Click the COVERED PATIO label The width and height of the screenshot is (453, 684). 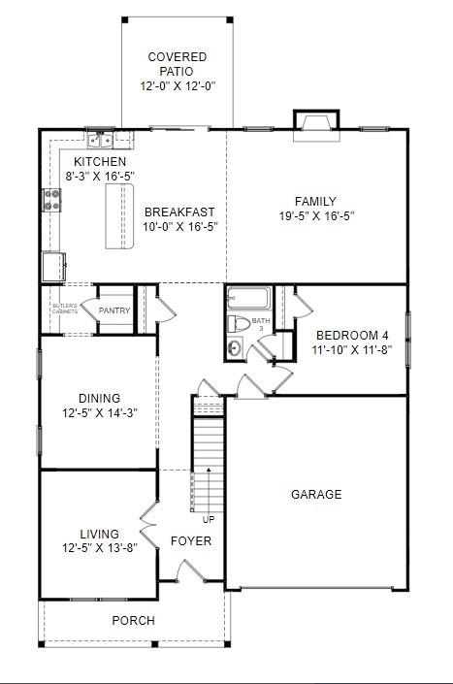[170, 57]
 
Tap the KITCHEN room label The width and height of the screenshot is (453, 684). [101, 161]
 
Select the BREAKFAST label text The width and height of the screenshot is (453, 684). [179, 212]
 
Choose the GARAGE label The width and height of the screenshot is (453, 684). [316, 495]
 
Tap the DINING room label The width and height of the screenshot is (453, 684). [99, 398]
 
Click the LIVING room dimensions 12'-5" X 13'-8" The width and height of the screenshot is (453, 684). [99, 547]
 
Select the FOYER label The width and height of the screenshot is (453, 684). [191, 540]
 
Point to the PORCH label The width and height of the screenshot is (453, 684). [133, 621]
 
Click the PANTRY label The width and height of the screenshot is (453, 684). [114, 310]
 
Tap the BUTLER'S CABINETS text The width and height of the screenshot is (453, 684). [64, 309]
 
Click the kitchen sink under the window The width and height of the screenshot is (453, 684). [100, 140]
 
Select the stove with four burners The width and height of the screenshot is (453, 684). [52, 200]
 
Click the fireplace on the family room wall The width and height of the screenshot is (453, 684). [316, 122]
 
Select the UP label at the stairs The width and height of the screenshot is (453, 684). [209, 519]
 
